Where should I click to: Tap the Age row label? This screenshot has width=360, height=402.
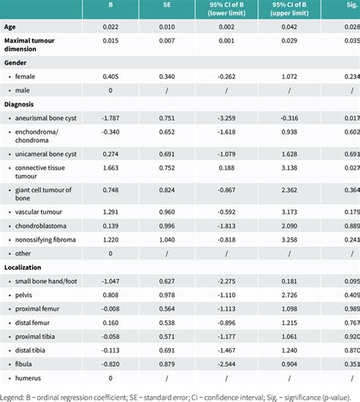pos(11,27)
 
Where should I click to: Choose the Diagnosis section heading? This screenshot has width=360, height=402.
pos(21,104)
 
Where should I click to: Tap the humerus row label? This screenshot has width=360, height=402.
pos(29,377)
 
